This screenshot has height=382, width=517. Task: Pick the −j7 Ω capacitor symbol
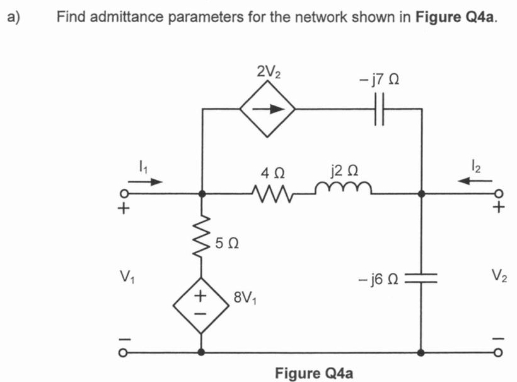[x=380, y=109]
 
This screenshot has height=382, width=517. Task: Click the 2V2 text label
[x=269, y=71]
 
